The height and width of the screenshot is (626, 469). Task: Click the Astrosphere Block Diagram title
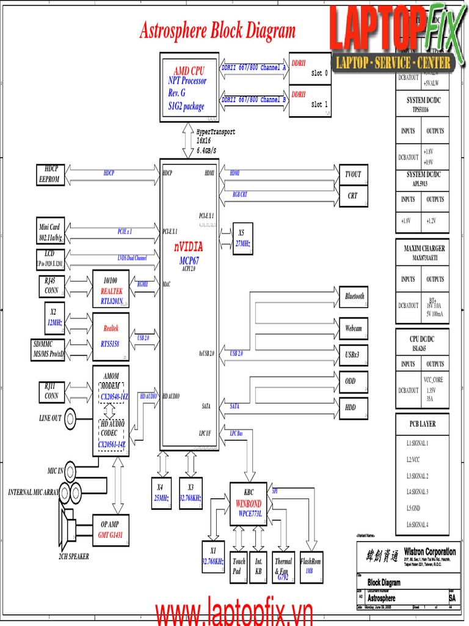[x=217, y=31]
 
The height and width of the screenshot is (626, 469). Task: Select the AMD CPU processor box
[x=189, y=87]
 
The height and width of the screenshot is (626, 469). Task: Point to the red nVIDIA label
[x=189, y=246]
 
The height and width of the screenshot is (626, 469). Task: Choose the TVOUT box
[x=352, y=174]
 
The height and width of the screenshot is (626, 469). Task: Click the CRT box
[x=352, y=196]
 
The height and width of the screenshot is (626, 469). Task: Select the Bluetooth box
[x=354, y=296]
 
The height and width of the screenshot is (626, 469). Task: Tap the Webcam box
[x=354, y=328]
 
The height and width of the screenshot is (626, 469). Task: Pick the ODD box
[x=351, y=381]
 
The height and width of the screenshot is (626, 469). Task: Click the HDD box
[x=351, y=407]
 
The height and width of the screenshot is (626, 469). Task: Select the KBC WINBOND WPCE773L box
[x=249, y=503]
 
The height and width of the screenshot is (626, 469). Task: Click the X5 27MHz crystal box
[x=242, y=238]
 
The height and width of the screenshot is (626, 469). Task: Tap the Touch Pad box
[x=239, y=566]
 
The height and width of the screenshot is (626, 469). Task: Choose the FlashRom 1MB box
[x=310, y=565]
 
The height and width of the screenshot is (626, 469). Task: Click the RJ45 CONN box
[x=51, y=286]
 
